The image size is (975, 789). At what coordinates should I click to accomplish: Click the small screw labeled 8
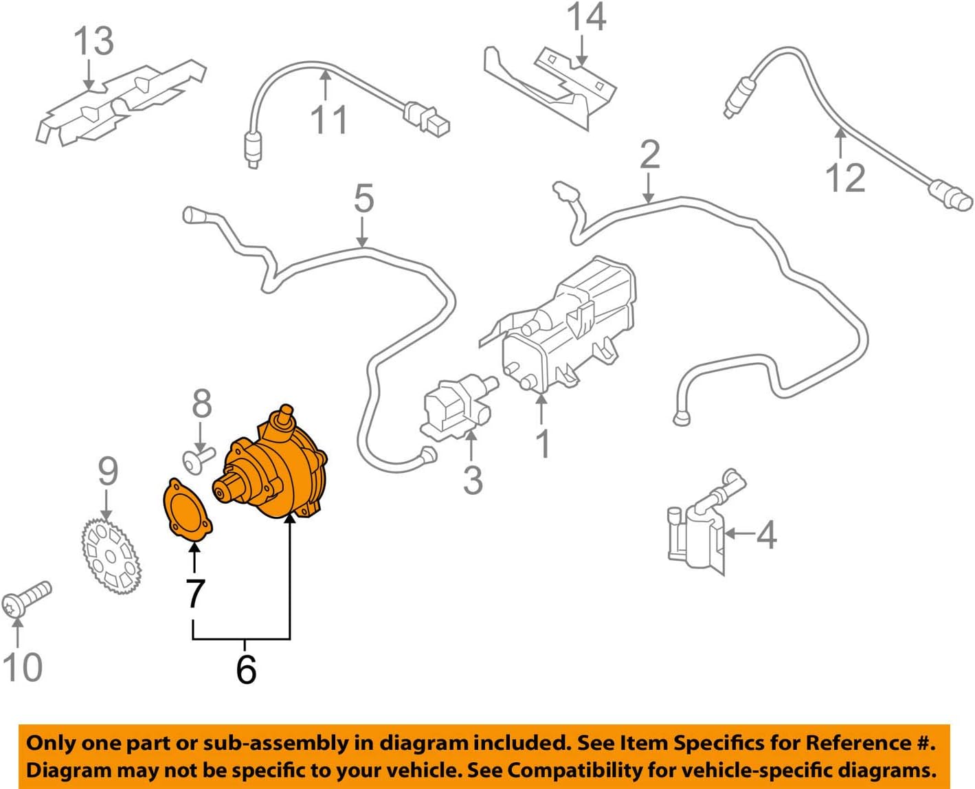(x=198, y=457)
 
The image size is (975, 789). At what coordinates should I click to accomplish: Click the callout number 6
(x=246, y=668)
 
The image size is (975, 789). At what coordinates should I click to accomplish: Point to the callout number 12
(x=844, y=177)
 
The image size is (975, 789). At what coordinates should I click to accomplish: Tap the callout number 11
(x=329, y=119)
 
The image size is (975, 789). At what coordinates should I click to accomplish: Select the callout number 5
(x=363, y=198)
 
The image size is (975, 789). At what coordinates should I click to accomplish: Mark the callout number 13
(x=93, y=41)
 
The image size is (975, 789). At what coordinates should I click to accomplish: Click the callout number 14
(x=586, y=16)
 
